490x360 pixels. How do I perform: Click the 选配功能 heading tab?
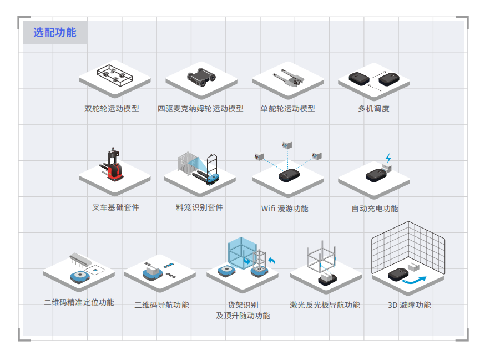54,33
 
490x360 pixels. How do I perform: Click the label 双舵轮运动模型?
112,109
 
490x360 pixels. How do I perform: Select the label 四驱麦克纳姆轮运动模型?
200,109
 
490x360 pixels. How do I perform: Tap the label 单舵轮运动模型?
287,109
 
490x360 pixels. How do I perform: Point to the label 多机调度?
373,109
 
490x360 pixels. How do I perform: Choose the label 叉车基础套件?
115,207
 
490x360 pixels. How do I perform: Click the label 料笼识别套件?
199,207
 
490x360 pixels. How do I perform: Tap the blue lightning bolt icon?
388,158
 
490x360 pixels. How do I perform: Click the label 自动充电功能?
375,209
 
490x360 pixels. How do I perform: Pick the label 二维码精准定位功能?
79,302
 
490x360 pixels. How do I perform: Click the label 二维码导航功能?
161,305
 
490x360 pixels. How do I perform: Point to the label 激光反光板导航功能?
325,305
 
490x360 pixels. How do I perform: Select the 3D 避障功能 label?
409,305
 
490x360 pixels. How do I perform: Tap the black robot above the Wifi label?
289,176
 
